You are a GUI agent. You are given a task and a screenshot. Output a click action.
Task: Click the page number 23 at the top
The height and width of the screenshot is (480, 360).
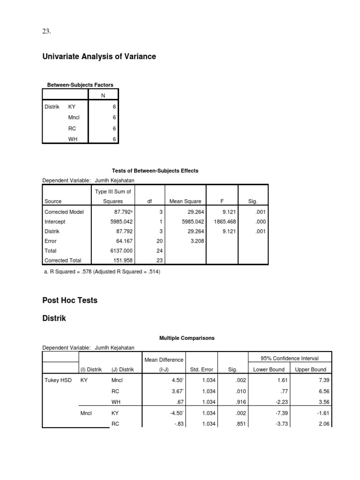pos(46,31)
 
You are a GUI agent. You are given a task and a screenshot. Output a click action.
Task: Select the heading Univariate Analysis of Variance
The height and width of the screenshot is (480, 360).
pos(99,57)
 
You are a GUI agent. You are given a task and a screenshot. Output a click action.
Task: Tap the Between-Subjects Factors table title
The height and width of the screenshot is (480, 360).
pos(80,85)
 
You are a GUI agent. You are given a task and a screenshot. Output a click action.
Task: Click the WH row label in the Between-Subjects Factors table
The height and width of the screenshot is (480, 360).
pos(73,139)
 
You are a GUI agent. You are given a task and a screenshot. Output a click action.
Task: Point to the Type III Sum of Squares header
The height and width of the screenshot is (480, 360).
pos(113,196)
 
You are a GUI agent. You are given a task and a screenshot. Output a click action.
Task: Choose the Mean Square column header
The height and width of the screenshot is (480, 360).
pos(186,201)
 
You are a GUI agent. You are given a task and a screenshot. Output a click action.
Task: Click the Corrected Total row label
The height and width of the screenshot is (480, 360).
pos(63,260)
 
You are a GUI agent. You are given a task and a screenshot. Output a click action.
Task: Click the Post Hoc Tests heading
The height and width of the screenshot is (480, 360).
pos(70,300)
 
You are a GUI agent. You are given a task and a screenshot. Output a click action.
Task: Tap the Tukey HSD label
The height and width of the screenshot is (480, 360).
pos(58,380)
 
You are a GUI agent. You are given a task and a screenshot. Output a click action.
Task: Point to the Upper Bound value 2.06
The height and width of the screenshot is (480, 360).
pos(319,424)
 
